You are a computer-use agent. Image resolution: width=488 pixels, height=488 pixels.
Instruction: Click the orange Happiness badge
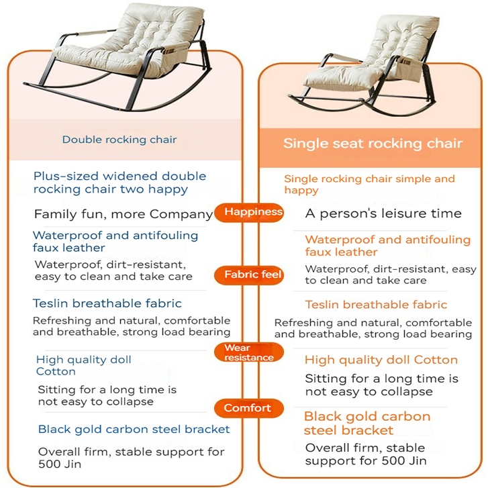click(x=248, y=212)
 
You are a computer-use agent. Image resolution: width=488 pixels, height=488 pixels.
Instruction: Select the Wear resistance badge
click(x=248, y=352)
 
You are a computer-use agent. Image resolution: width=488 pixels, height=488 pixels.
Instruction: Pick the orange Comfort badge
click(x=248, y=408)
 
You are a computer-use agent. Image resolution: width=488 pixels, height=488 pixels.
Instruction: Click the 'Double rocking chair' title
click(x=119, y=140)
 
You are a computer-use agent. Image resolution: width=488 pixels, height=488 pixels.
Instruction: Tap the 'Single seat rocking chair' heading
click(x=373, y=144)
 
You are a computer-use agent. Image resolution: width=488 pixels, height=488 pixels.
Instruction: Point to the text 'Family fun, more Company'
click(x=124, y=215)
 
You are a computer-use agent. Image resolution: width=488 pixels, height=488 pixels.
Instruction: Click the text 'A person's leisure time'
click(x=383, y=214)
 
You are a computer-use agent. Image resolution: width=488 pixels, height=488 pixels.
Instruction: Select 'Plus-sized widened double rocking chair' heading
click(x=119, y=183)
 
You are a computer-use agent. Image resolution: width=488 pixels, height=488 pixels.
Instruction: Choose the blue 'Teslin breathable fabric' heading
click(x=107, y=304)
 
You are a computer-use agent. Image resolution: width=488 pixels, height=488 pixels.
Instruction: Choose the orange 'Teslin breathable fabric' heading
click(x=376, y=305)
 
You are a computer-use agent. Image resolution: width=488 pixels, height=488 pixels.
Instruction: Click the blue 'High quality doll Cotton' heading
click(x=83, y=365)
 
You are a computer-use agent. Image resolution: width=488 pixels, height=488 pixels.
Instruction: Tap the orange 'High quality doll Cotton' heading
click(x=381, y=360)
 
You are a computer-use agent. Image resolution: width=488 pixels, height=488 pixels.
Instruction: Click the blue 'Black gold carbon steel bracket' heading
click(x=134, y=430)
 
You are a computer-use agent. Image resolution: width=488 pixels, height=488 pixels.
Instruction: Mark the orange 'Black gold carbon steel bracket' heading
click(x=367, y=423)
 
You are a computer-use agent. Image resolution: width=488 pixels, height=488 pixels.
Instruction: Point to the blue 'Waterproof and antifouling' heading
click(x=115, y=242)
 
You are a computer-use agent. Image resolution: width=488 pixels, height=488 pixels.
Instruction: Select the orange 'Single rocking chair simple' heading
click(x=369, y=184)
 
